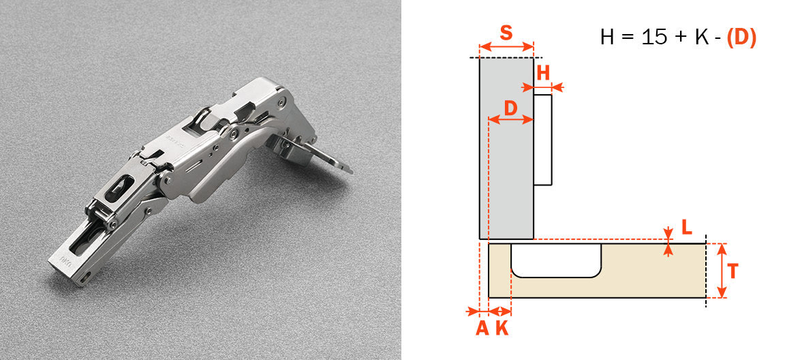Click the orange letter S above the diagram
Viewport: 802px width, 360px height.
506,33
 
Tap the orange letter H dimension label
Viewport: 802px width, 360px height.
543,74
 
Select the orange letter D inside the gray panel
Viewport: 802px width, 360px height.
511,107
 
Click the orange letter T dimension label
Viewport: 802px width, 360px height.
732,271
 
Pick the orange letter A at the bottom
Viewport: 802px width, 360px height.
482,328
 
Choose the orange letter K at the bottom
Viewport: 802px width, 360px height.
502,328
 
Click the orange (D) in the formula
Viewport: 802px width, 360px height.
741,37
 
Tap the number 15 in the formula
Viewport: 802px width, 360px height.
653,37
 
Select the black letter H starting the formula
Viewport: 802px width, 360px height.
607,37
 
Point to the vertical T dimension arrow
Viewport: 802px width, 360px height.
722,271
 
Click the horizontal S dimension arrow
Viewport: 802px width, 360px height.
506,47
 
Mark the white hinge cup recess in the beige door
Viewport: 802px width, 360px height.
556,260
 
